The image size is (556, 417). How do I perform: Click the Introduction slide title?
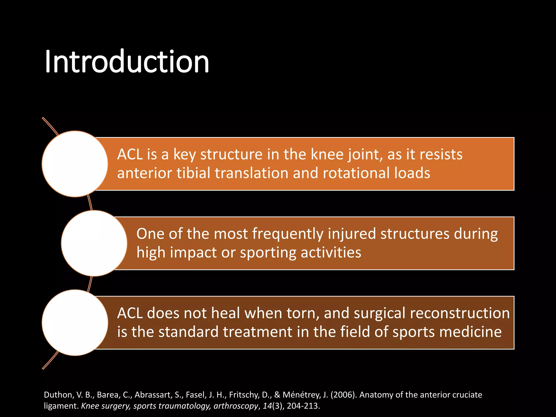click(127, 62)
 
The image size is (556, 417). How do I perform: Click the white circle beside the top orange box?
click(75, 164)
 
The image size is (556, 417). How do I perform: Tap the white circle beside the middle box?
click(94, 243)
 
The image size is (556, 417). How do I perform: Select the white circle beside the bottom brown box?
click(75, 323)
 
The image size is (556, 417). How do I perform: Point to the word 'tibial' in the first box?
click(193, 173)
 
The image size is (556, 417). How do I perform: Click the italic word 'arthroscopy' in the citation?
click(236, 406)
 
